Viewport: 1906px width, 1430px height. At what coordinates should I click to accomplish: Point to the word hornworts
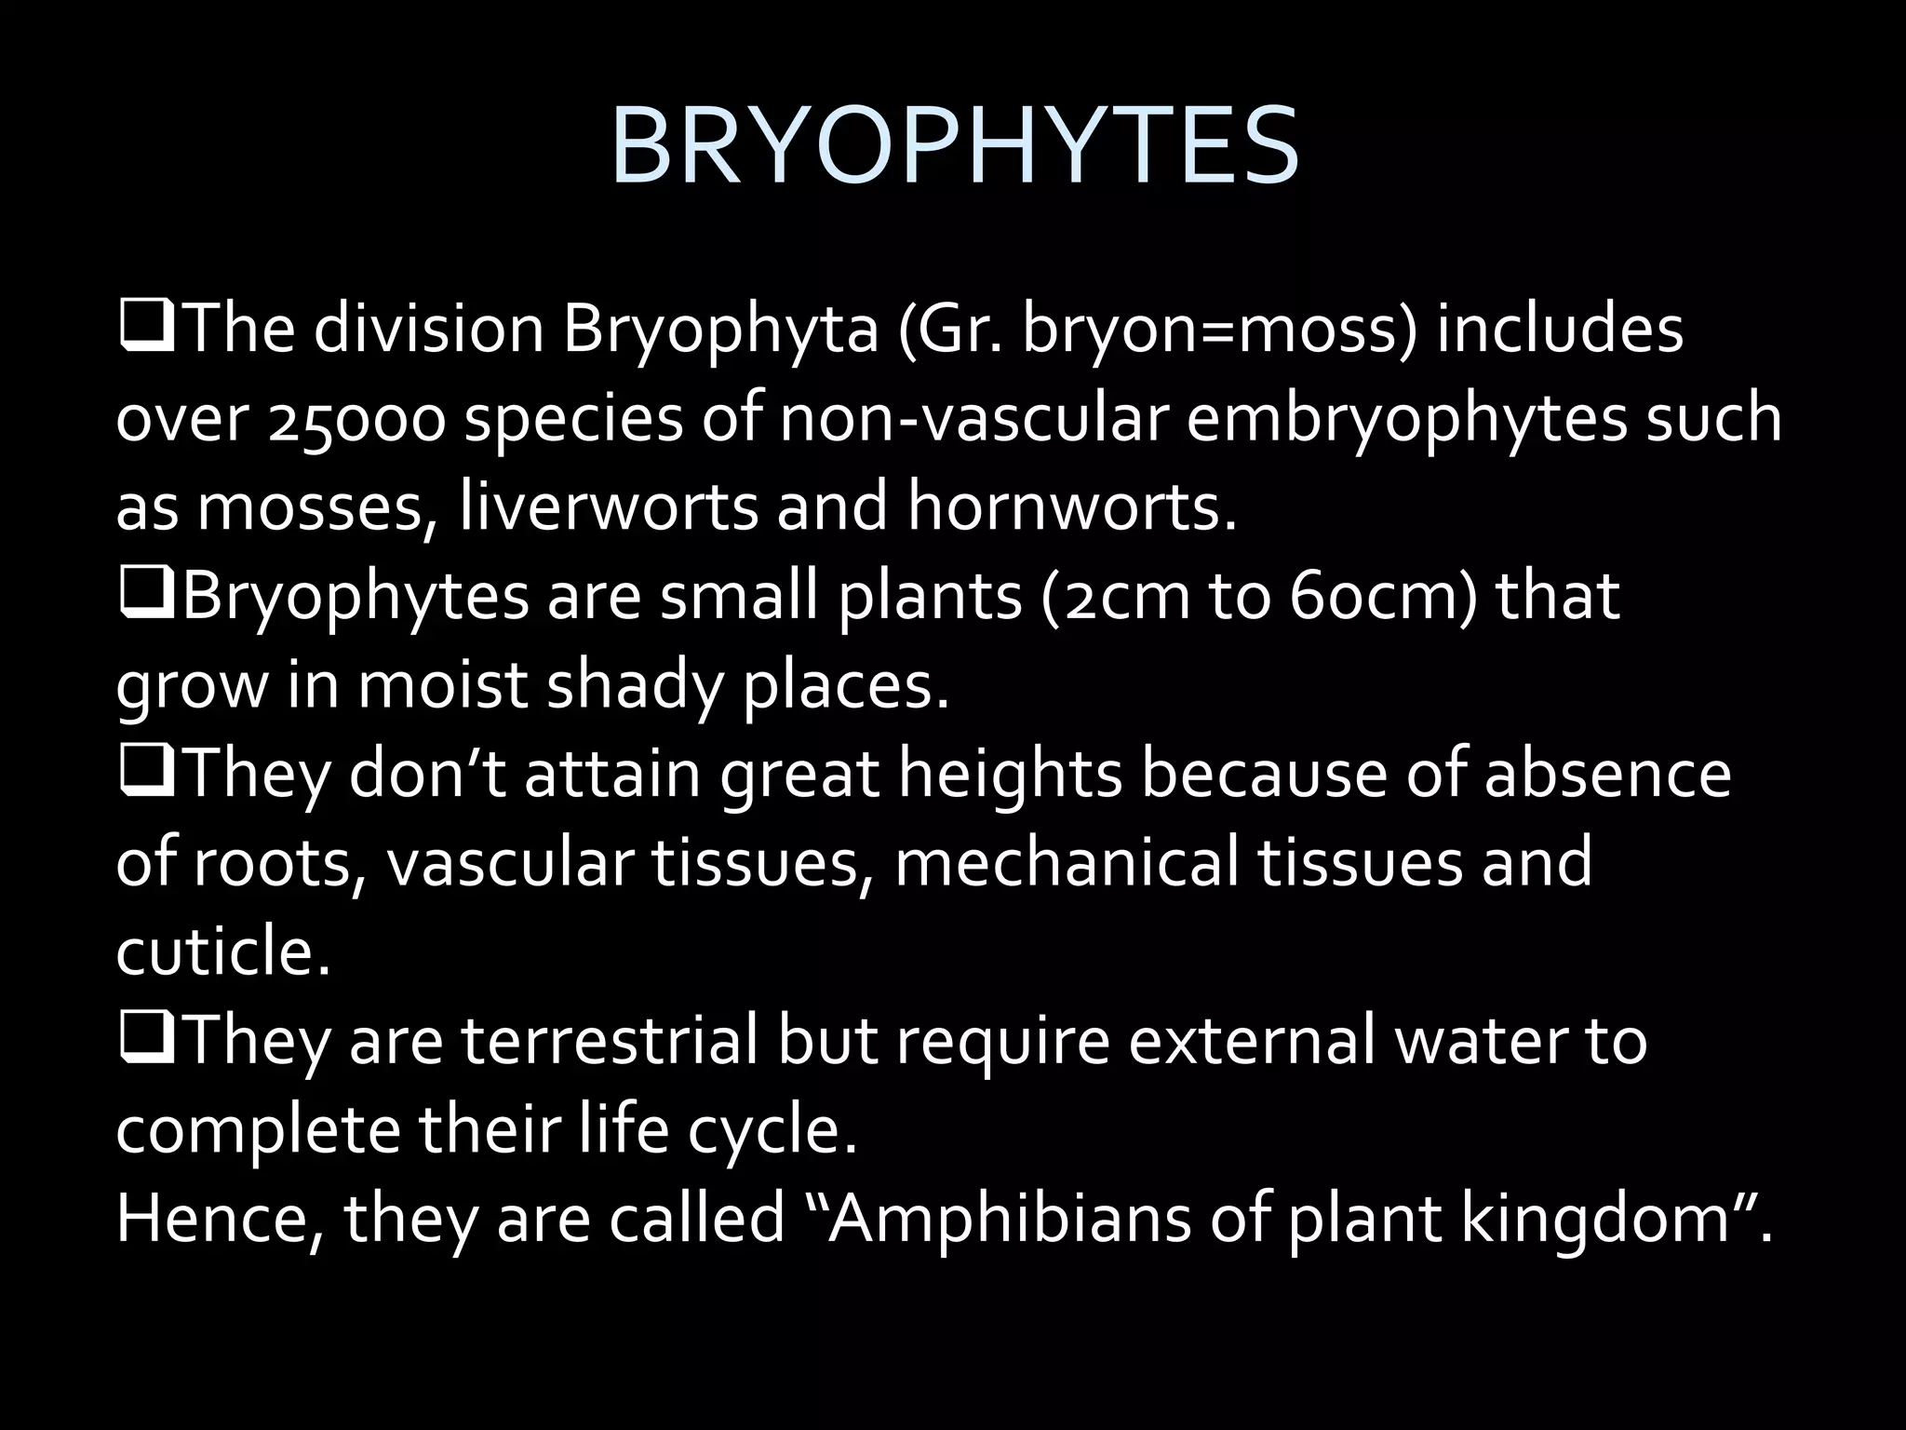(x=1070, y=507)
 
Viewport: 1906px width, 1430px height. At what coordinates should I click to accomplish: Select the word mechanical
(x=1067, y=862)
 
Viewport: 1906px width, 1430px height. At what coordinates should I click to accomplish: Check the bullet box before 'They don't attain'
(x=146, y=776)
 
